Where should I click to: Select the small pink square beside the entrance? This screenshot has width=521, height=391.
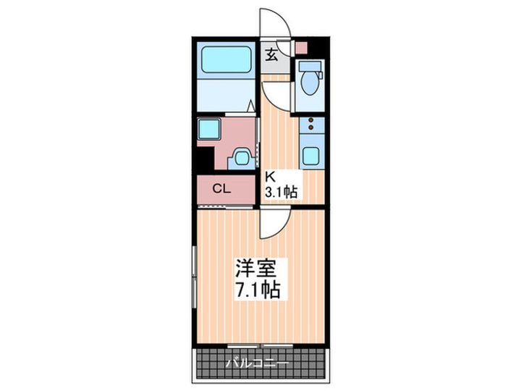(300, 48)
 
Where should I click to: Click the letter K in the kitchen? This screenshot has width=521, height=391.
(270, 177)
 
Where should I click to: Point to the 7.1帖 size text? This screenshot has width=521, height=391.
(257, 291)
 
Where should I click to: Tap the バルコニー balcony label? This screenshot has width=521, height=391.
(257, 361)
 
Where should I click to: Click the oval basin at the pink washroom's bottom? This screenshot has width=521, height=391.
(241, 155)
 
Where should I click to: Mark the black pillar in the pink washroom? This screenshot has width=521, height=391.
(205, 156)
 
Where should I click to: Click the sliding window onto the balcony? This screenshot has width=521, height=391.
(258, 345)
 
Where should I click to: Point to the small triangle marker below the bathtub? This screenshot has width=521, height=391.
(250, 107)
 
